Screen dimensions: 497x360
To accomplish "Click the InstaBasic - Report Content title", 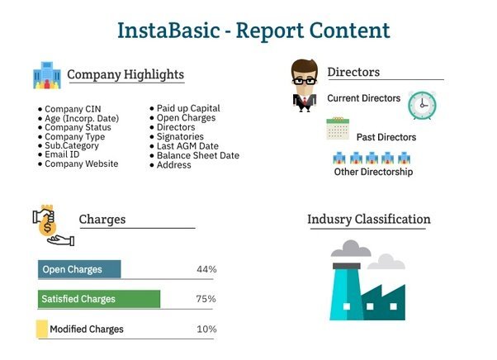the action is (253, 31).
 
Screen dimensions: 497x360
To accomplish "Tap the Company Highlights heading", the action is (125, 75).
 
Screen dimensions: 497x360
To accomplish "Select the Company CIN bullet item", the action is (73, 109).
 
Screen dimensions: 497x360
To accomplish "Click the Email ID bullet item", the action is (62, 154).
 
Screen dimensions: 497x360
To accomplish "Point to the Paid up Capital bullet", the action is (188, 108).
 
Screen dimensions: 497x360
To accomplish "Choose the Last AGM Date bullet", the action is (187, 146).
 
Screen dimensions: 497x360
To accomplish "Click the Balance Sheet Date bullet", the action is (198, 155).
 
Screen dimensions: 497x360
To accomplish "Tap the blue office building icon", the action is (47, 75).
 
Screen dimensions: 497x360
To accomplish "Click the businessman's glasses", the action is (304, 81).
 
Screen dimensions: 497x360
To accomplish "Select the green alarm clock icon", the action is (422, 105).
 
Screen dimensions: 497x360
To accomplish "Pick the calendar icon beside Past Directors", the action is (338, 129).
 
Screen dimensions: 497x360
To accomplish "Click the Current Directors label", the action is (363, 98).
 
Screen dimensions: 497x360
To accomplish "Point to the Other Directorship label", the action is (373, 172).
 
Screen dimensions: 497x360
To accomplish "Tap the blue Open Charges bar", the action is (79, 269).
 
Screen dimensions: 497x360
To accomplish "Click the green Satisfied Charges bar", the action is (99, 299).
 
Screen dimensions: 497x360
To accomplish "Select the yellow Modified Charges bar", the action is (42, 329).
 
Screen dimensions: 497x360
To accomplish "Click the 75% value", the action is (206, 299).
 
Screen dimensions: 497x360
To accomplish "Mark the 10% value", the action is (206, 329).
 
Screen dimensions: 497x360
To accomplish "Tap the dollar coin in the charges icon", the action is (47, 227).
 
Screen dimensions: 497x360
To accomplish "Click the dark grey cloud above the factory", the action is (351, 249).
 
